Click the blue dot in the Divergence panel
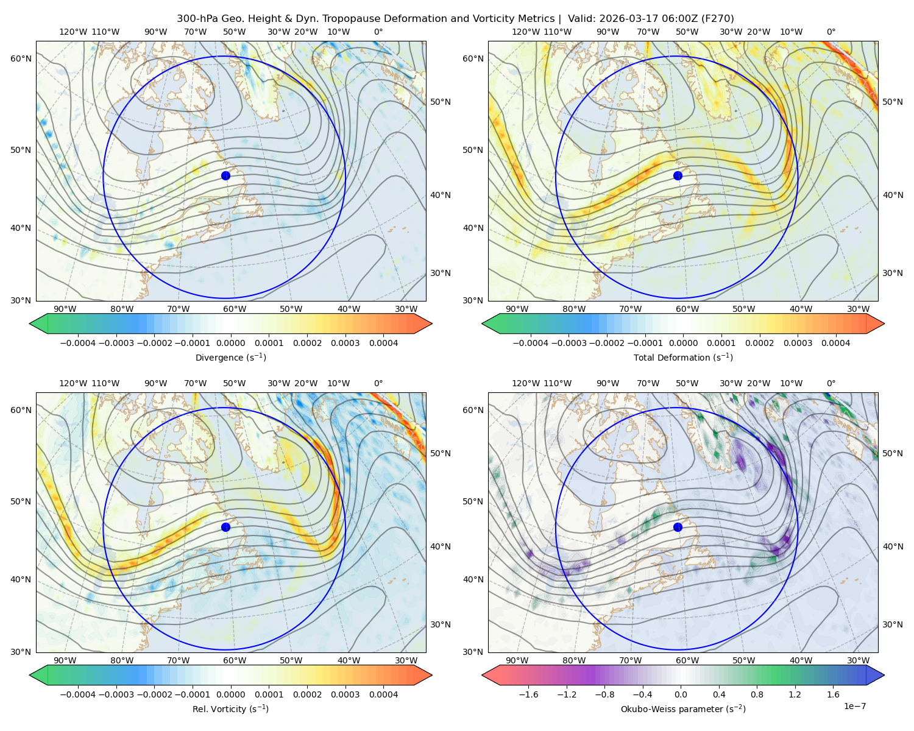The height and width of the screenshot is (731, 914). coord(225,175)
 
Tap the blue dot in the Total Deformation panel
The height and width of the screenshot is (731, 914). coord(678,175)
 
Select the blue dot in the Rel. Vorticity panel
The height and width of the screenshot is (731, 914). coord(225,527)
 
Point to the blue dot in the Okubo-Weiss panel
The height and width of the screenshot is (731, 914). coord(678,527)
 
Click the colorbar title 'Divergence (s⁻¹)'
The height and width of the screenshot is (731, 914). coord(230,357)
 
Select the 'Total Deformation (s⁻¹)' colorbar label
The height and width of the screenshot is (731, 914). coord(683,357)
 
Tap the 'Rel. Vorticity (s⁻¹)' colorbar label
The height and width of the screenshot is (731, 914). coord(230,709)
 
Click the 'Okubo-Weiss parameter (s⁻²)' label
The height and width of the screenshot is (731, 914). coord(683,709)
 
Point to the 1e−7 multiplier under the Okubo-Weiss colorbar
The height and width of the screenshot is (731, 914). coord(854,707)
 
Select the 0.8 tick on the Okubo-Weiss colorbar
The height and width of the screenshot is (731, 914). coord(757,694)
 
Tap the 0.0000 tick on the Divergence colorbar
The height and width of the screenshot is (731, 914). coord(230,343)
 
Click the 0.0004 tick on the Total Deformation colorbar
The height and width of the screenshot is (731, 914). coord(836,343)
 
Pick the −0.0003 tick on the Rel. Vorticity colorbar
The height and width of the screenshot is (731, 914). coord(116,694)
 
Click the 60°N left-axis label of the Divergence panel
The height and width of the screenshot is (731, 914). coord(21,58)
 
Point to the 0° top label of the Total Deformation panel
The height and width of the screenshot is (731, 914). coord(831,32)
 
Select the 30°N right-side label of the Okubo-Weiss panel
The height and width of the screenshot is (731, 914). coord(893,624)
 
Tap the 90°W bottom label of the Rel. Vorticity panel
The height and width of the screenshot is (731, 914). coord(65,660)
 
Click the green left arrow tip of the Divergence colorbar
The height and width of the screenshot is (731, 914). coord(30,323)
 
